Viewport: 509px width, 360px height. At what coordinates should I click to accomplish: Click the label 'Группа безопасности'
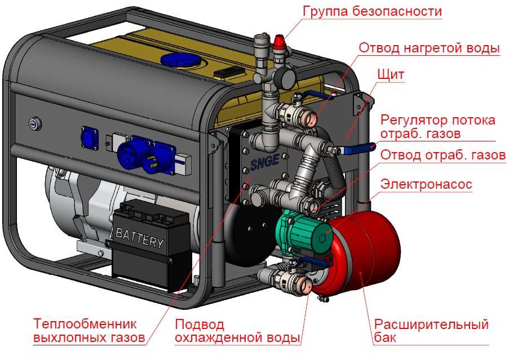coord(372,12)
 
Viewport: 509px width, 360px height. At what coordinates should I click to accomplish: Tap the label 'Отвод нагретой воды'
coord(429,48)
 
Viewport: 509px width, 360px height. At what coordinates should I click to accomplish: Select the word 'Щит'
coord(391,75)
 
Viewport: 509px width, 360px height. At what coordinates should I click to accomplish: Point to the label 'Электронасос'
coord(426,184)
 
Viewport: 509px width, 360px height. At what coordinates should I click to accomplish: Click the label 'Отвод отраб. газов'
coord(443,155)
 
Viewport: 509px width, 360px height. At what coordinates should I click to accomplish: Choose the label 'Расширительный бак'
coord(431,331)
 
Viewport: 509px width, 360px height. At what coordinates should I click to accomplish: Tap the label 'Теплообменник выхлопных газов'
coord(89,331)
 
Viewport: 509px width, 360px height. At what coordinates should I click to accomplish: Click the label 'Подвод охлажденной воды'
coord(237,331)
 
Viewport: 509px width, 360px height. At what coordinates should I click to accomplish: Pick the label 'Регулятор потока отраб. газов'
coord(438,127)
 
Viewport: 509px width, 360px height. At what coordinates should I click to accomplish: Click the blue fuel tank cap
coord(180,61)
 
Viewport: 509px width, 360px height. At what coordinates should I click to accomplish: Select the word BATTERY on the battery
coord(140,238)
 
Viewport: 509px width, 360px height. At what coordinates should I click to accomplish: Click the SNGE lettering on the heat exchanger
coord(264,162)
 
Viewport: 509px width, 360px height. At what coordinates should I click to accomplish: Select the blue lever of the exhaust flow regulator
coord(360,149)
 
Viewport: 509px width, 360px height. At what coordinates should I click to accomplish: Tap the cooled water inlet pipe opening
coord(305,285)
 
